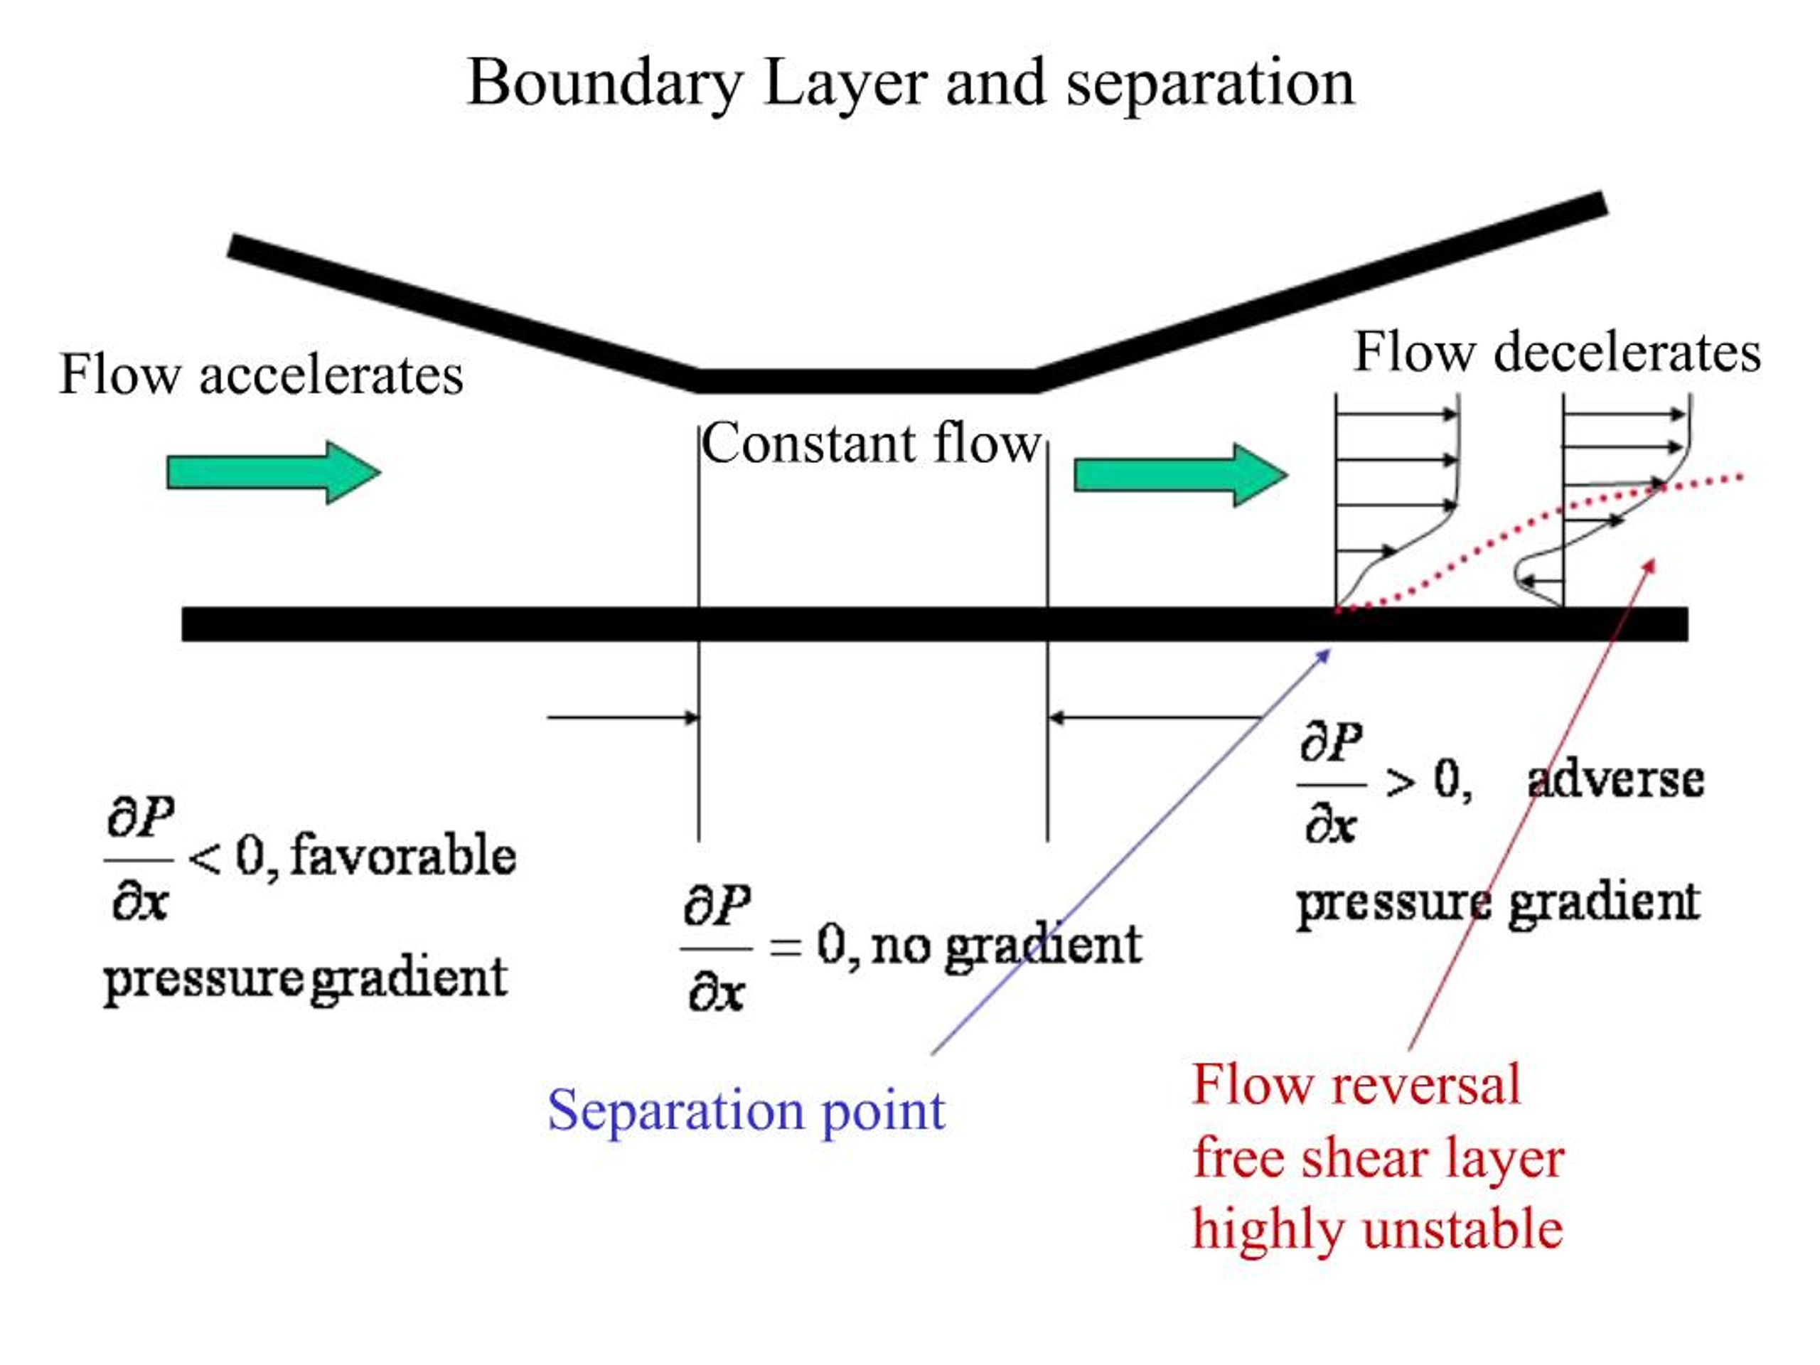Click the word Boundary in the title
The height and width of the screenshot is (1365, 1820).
[605, 85]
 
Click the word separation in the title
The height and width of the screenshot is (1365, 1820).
[1209, 85]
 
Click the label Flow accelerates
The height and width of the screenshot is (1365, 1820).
[262, 375]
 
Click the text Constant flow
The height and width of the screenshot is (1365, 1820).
[870, 444]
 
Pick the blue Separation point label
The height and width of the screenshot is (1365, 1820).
[746, 1110]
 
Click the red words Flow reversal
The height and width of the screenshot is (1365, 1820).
[1356, 1084]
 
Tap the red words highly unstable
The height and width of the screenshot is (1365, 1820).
[1377, 1229]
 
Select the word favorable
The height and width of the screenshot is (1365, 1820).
[403, 856]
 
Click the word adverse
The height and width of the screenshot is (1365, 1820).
[1615, 779]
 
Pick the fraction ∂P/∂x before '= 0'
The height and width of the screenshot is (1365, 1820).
[716, 948]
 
